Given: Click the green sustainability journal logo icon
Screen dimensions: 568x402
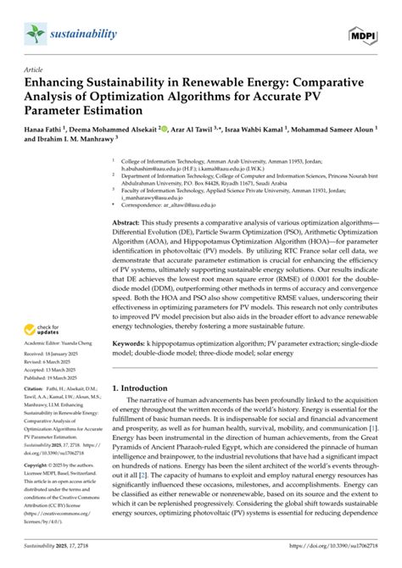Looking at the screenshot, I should click(x=32, y=33).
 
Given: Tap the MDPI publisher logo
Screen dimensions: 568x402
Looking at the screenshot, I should click(x=362, y=35).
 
